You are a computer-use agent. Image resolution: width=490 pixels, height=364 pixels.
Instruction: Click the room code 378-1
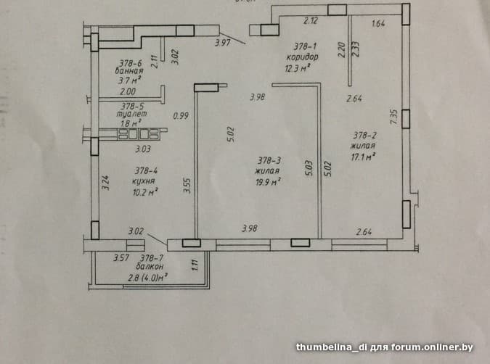[298, 45]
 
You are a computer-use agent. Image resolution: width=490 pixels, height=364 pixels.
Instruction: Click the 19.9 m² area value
[267, 181]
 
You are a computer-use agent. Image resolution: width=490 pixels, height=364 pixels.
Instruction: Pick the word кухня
[145, 181]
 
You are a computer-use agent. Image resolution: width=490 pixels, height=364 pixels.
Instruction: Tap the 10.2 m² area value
[145, 192]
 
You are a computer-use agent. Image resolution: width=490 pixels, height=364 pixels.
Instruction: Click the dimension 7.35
[393, 117]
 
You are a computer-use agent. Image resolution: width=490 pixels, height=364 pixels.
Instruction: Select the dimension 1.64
[377, 24]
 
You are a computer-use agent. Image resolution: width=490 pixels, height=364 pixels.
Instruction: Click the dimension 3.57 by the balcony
[120, 258]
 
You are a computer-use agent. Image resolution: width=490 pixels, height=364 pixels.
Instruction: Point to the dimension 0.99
[181, 115]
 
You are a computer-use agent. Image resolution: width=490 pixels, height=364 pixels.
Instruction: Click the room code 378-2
[364, 135]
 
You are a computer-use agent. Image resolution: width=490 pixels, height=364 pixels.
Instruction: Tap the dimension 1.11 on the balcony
[195, 265]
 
